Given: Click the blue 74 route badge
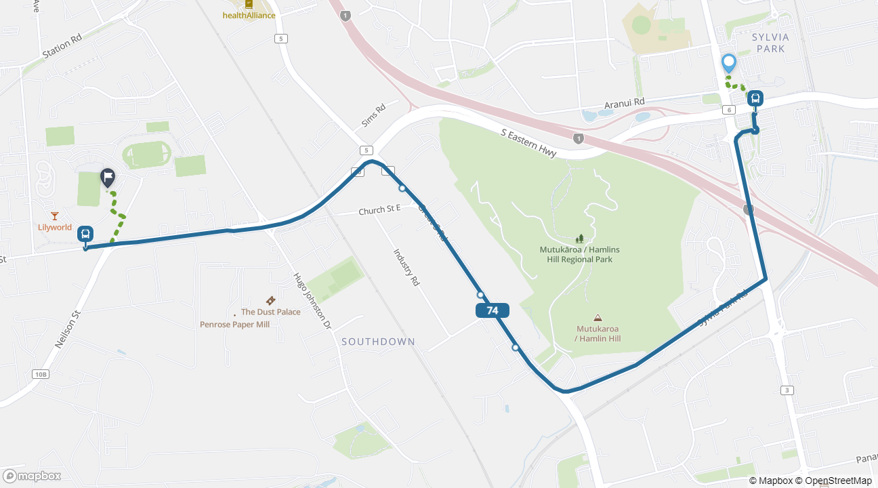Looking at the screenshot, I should [493, 310].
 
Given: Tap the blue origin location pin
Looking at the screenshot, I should [729, 63].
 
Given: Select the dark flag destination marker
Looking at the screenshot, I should [108, 178].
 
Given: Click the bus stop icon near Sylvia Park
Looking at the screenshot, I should [755, 99].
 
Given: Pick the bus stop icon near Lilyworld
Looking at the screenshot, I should [85, 234].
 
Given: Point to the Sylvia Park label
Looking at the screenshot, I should [768, 43].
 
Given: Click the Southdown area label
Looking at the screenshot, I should [378, 342].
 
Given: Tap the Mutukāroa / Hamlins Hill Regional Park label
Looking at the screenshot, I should [579, 254].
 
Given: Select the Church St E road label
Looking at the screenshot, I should [379, 211].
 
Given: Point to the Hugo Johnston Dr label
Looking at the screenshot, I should [312, 301].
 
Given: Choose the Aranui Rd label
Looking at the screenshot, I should [624, 103].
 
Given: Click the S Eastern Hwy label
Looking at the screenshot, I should [528, 143].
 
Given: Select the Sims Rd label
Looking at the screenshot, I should [373, 116].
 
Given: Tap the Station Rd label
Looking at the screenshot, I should [62, 46].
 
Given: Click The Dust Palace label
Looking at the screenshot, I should [270, 312].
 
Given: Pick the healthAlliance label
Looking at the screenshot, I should [249, 15].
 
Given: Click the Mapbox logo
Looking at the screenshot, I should [32, 476].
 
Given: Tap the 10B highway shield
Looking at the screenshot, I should [40, 374].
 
